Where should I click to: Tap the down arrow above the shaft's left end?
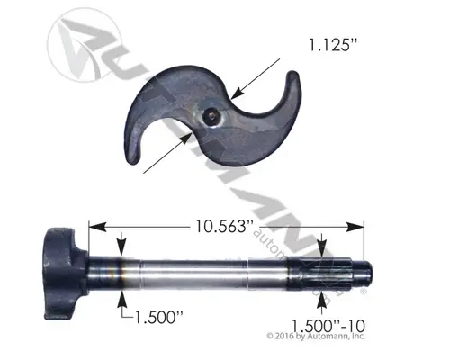pos(121,242)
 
